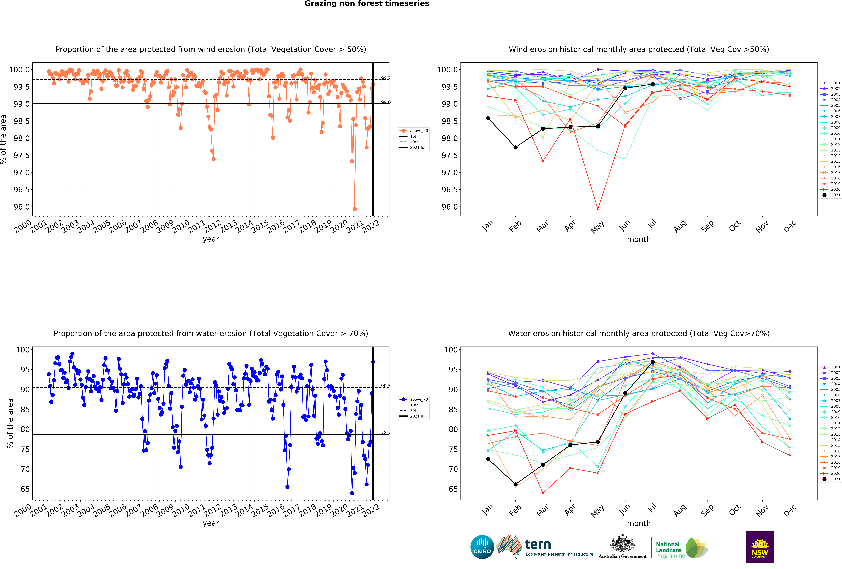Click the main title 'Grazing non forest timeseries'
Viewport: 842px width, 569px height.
(x=367, y=4)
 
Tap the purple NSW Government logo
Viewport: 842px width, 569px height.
(x=760, y=547)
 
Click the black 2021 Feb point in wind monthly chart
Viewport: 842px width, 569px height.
(x=516, y=147)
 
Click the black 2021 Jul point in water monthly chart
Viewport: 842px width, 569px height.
(x=653, y=362)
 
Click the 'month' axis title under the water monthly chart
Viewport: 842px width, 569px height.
(x=639, y=523)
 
